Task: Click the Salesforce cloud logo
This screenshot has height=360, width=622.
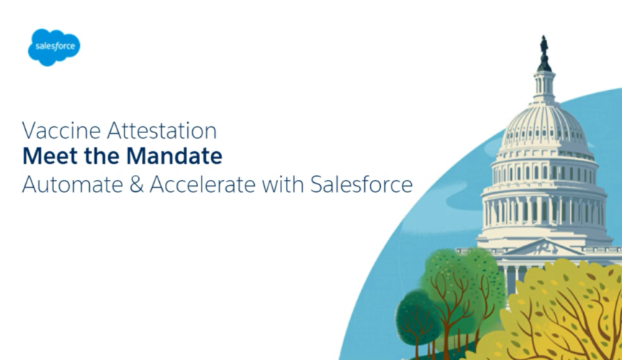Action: click(54, 48)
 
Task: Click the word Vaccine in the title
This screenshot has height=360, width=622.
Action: click(61, 130)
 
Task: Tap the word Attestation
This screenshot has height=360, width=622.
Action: click(162, 130)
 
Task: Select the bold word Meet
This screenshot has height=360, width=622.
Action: click(50, 156)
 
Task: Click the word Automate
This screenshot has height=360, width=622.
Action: click(73, 184)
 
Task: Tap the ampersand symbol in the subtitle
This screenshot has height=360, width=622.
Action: click(136, 184)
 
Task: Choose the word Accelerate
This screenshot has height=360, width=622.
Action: click(202, 184)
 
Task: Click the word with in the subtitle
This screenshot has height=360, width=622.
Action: click(283, 184)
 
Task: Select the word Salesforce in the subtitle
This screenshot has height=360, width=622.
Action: click(361, 184)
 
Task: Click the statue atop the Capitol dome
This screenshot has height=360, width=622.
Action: click(544, 45)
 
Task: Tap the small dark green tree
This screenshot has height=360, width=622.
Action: click(417, 314)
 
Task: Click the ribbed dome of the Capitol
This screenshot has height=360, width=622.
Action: click(544, 126)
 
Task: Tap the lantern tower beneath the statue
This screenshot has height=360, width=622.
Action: click(544, 83)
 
